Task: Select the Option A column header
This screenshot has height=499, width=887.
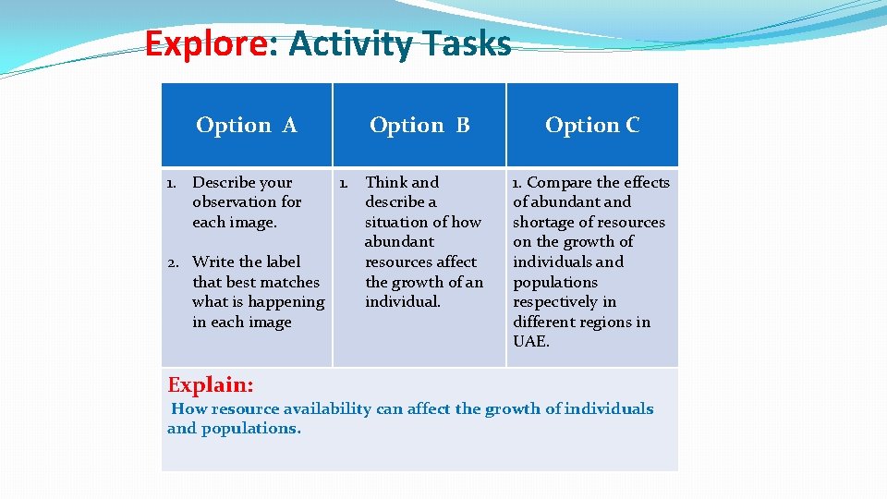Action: pyautogui.click(x=247, y=125)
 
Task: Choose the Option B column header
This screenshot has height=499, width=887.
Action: pyautogui.click(x=419, y=125)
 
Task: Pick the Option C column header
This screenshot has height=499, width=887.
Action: pyautogui.click(x=592, y=125)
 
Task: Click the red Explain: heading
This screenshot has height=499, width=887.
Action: pyautogui.click(x=211, y=384)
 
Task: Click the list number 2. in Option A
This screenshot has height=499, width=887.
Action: pyautogui.click(x=174, y=262)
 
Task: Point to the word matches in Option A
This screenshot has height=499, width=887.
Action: pyautogui.click(x=291, y=282)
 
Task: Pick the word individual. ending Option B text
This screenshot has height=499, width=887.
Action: pyautogui.click(x=403, y=302)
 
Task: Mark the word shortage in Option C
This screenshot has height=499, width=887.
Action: pyautogui.click(x=542, y=223)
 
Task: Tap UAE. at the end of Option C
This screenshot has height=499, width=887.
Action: pyautogui.click(x=531, y=342)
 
